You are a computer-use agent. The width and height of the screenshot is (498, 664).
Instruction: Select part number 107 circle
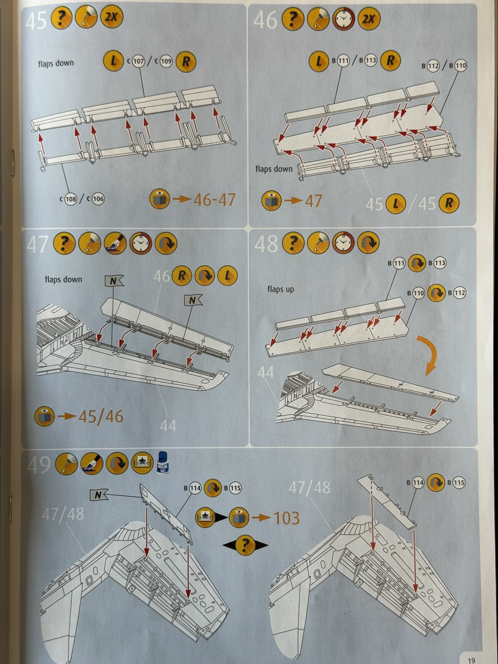pyautogui.click(x=138, y=61)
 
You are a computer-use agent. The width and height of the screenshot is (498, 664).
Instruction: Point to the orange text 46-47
pyautogui.click(x=215, y=200)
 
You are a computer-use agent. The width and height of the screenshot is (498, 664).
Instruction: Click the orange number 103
pyautogui.click(x=287, y=518)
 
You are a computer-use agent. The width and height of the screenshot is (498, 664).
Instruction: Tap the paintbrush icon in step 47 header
pyautogui.click(x=115, y=243)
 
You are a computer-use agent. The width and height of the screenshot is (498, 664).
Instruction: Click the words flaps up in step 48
pyautogui.click(x=281, y=289)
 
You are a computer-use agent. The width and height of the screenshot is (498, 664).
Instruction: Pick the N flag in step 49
pyautogui.click(x=98, y=495)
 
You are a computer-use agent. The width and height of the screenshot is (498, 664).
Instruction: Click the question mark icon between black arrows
pyautogui.click(x=245, y=545)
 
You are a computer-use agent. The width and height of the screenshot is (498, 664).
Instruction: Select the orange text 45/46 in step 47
pyautogui.click(x=101, y=417)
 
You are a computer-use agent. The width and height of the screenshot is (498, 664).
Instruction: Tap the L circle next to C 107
pyautogui.click(x=113, y=61)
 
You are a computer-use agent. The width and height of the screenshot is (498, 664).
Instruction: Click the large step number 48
pyautogui.click(x=266, y=244)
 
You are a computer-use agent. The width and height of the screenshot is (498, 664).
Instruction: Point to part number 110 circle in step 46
pyautogui.click(x=460, y=66)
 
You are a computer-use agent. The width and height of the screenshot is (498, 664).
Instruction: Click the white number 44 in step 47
pyautogui.click(x=168, y=425)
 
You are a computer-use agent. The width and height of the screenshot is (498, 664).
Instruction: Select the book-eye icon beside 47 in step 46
pyautogui.click(x=271, y=201)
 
